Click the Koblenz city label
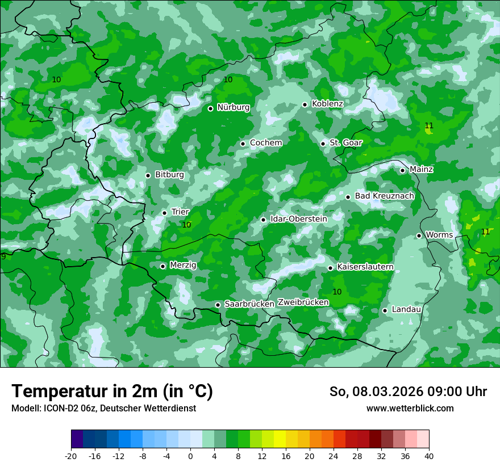pos(327,104)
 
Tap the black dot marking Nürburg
pos(210,108)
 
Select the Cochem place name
pos(266,143)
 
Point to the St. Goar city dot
pos(323,144)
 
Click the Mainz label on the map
pos(421,170)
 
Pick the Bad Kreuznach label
pos(384,196)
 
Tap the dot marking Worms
pos(419,235)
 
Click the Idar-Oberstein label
pos(298,219)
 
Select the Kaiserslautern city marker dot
pos(330,268)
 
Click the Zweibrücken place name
pos(303,302)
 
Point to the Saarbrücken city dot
pos(218,305)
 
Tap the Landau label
pos(406,310)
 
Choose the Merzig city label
pos(183,266)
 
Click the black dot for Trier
pos(164,213)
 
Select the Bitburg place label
pos(169,175)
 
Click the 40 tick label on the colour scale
pos(428,456)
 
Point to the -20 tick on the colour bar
pos(71,456)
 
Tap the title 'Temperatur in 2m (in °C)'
pos(112,392)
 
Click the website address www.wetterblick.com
pos(410,409)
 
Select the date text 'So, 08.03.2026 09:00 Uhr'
pos(408,392)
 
